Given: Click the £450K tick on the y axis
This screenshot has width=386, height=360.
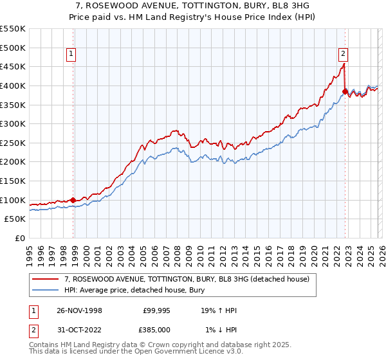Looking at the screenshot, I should (13, 66).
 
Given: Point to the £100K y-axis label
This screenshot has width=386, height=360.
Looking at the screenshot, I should (13, 200).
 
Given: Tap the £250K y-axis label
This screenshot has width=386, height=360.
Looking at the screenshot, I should (13, 143).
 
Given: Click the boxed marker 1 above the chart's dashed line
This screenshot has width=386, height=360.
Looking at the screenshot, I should (71, 55).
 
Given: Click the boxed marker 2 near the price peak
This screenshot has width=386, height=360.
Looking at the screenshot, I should (344, 55).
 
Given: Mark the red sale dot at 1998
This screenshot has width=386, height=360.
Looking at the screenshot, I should (73, 200).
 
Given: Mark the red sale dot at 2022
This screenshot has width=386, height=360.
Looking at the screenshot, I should (345, 91).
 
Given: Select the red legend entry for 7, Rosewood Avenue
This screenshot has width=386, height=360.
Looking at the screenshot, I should (187, 279).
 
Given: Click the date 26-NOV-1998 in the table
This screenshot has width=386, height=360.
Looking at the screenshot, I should (79, 310).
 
